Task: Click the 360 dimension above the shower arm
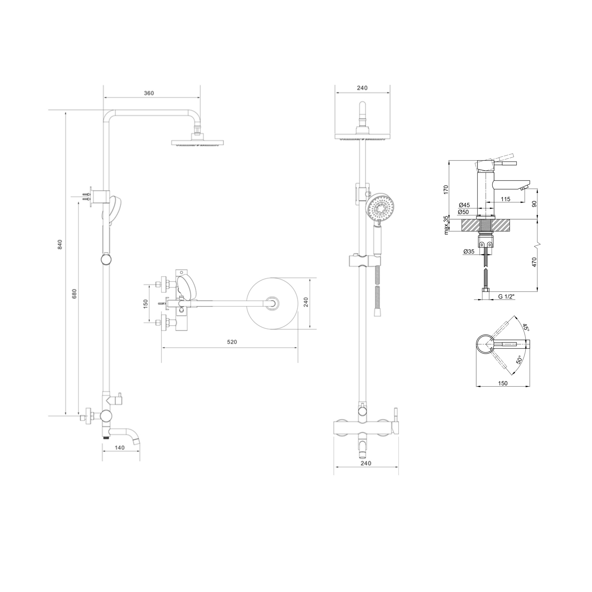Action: point(149,93)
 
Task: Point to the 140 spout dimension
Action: point(119,448)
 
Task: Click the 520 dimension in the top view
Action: point(232,342)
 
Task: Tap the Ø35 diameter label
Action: point(469,252)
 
